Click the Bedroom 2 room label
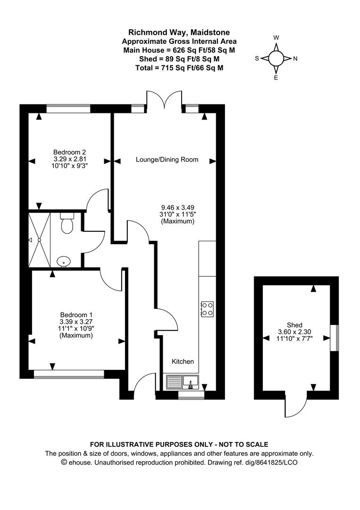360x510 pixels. coord(69,152)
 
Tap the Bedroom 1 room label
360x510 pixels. coord(76,315)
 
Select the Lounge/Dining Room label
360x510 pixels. coord(167,160)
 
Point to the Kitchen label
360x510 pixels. coord(183,361)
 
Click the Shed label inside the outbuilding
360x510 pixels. coord(295,325)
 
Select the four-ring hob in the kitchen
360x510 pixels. coord(207,309)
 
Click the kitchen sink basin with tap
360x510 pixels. coord(191,382)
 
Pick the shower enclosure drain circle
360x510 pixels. coord(39,240)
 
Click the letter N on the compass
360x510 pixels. coord(295,59)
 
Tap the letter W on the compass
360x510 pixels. coord(276,38)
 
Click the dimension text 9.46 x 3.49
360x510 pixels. coord(178,207)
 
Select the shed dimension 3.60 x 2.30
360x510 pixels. coord(295,332)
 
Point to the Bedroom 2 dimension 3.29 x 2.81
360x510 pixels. coord(69,159)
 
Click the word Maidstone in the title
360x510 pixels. coord(210,33)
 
